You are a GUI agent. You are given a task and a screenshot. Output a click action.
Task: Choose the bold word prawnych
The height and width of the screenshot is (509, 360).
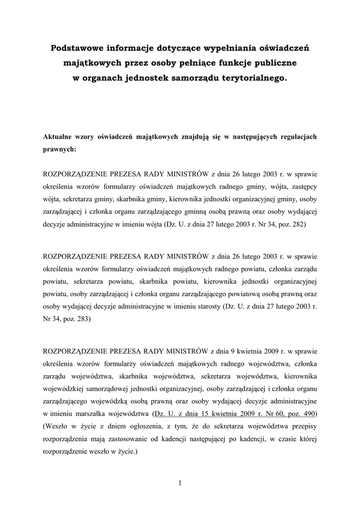coord(60,149)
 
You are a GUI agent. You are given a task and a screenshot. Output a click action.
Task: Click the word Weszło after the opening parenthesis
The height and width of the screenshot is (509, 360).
coord(59,426)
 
